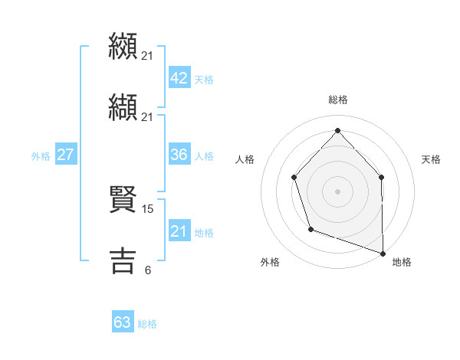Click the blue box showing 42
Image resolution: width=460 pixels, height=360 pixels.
pyautogui.click(x=179, y=78)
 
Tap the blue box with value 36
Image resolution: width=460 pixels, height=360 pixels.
pyautogui.click(x=179, y=155)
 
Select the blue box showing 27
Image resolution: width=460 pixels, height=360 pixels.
pyautogui.click(x=65, y=155)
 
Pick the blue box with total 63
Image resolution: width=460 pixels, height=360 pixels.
pyautogui.click(x=123, y=322)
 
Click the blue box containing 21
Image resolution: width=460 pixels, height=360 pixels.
pyautogui.click(x=179, y=231)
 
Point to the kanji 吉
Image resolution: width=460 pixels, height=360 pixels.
pyautogui.click(x=123, y=260)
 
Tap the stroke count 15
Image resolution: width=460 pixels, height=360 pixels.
pyautogui.click(x=149, y=208)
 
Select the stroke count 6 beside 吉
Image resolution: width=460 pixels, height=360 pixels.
pyautogui.click(x=147, y=270)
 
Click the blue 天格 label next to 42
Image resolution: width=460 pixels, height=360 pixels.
pyautogui.click(x=204, y=80)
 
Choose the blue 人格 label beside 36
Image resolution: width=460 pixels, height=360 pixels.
pyautogui.click(x=204, y=156)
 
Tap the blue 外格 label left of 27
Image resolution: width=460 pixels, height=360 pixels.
pyautogui.click(x=41, y=156)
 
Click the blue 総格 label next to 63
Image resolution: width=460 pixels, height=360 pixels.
pyautogui.click(x=147, y=324)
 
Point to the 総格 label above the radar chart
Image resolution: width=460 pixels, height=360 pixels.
pyautogui.click(x=337, y=100)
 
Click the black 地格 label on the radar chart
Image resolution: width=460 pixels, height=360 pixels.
pyautogui.click(x=402, y=262)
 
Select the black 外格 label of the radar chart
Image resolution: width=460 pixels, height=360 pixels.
pyautogui.click(x=270, y=262)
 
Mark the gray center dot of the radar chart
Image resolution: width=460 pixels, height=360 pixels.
pyautogui.click(x=337, y=191)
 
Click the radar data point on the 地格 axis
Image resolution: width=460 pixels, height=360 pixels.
pyautogui.click(x=383, y=253)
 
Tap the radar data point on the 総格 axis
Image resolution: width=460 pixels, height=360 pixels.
pyautogui.click(x=337, y=130)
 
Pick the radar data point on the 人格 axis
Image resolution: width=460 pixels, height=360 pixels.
pyautogui.click(x=294, y=178)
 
